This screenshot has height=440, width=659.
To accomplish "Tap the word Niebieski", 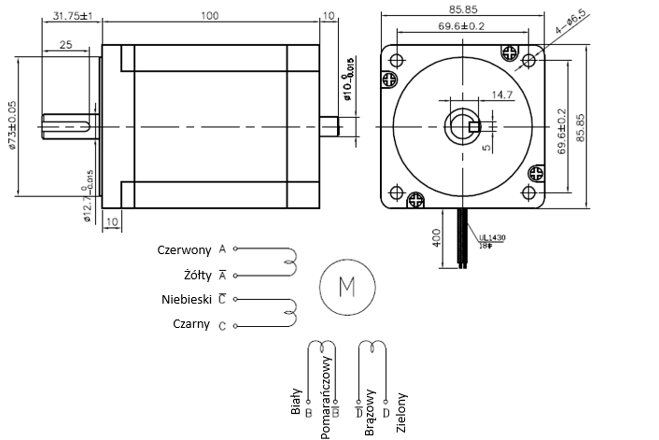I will pos(188,300).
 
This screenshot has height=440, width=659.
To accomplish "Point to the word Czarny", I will pos(192,325).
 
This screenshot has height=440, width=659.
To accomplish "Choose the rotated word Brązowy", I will pos(370,407).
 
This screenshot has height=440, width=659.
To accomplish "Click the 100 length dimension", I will pos(210,16).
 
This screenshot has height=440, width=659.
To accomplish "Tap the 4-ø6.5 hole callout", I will pos(570,21).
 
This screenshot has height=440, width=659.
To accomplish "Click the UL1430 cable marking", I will pos(491,237).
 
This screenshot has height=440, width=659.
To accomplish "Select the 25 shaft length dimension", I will pos(65,45).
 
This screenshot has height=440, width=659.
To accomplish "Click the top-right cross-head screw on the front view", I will pos(511,52).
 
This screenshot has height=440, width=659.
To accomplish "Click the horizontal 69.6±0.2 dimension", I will pos(461,27).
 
